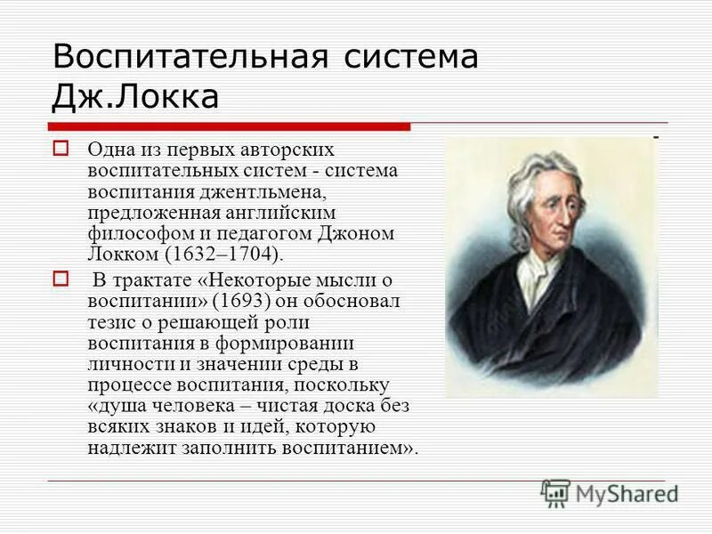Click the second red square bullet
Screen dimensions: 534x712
(61, 279)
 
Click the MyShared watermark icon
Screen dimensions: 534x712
(555, 492)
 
